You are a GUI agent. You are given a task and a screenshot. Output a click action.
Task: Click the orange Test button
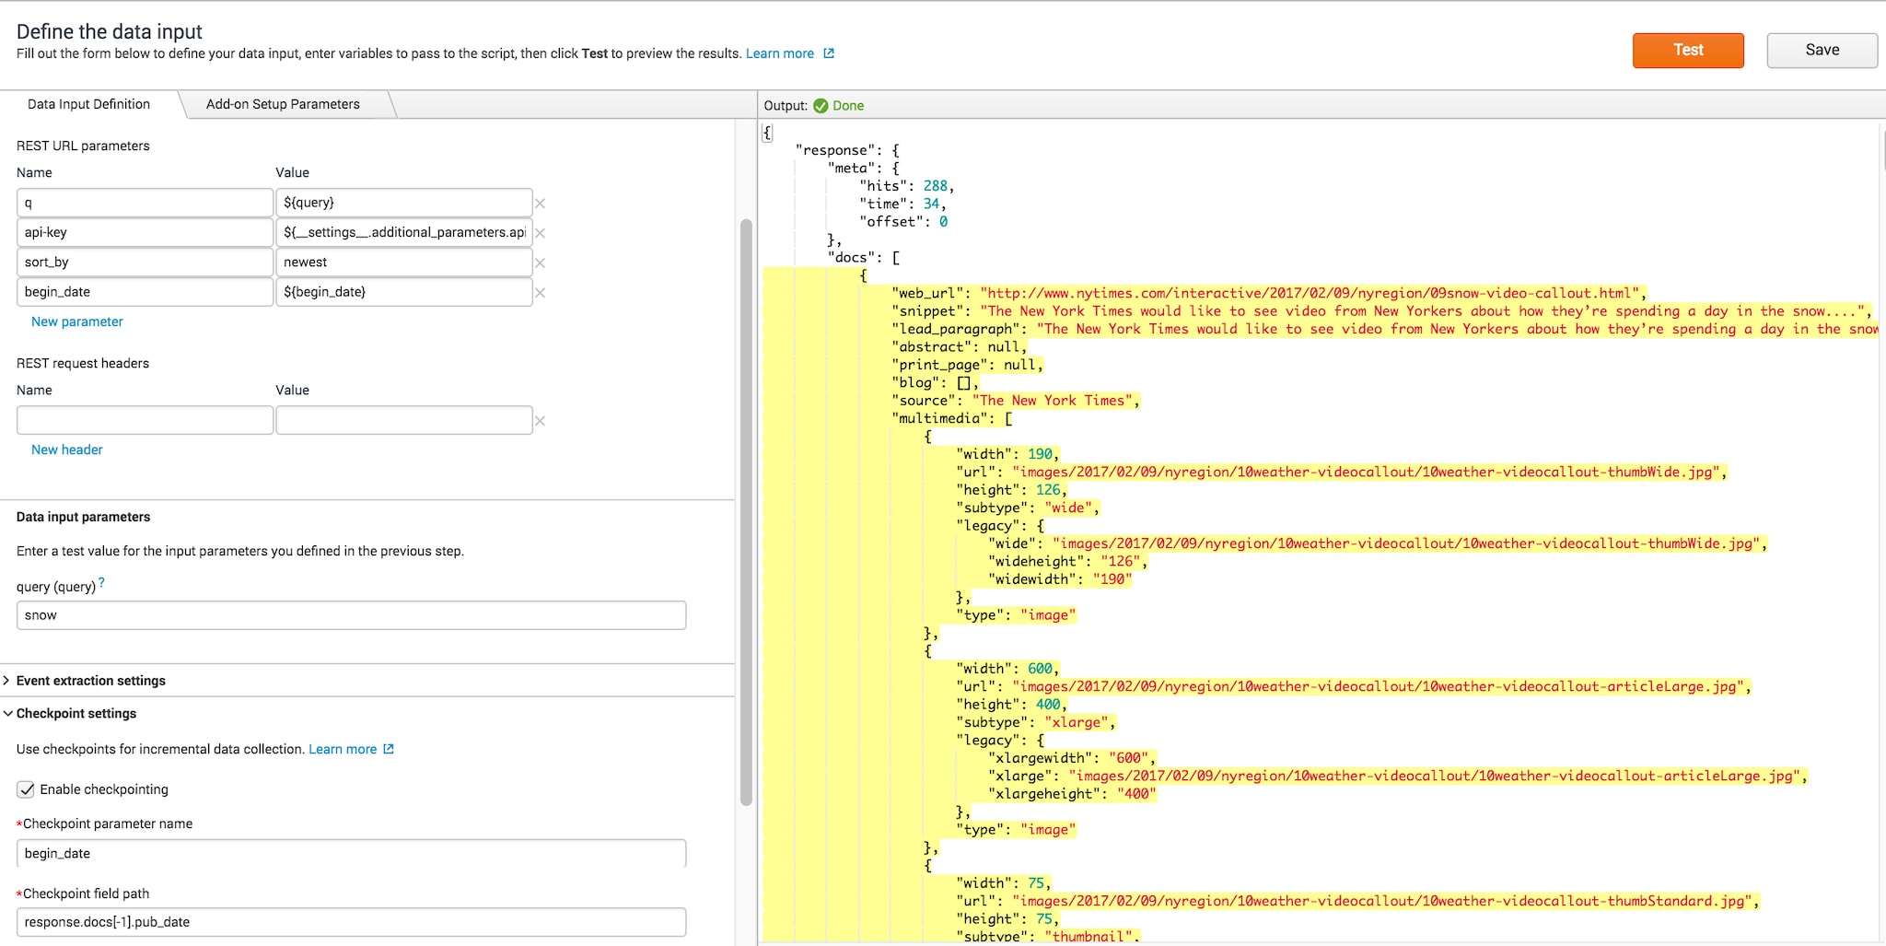(1688, 50)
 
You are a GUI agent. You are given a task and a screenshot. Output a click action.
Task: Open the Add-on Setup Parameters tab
(283, 104)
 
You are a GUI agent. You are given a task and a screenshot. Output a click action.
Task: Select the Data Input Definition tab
(88, 104)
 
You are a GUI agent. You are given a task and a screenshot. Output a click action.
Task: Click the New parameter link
(76, 321)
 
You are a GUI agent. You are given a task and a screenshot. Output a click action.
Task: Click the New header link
(66, 450)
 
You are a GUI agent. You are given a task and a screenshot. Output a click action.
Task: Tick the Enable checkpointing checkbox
(27, 789)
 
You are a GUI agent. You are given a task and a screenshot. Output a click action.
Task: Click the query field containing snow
(351, 615)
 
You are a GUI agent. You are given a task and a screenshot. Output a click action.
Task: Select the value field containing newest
(403, 263)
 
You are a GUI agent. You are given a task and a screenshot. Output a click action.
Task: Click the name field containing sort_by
(145, 263)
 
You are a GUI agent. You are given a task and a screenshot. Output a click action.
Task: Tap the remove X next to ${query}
(541, 204)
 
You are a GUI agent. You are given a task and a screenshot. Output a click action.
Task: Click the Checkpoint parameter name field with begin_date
(351, 853)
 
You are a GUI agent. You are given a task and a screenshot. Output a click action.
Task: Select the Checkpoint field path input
(351, 922)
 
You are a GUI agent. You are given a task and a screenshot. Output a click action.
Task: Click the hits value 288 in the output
(935, 186)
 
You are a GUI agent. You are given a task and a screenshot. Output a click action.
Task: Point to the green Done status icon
(821, 106)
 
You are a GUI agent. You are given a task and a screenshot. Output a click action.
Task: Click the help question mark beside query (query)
(101, 582)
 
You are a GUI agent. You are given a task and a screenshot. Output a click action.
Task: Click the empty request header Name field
(145, 420)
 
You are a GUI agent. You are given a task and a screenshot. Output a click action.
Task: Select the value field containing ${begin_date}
(403, 292)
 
